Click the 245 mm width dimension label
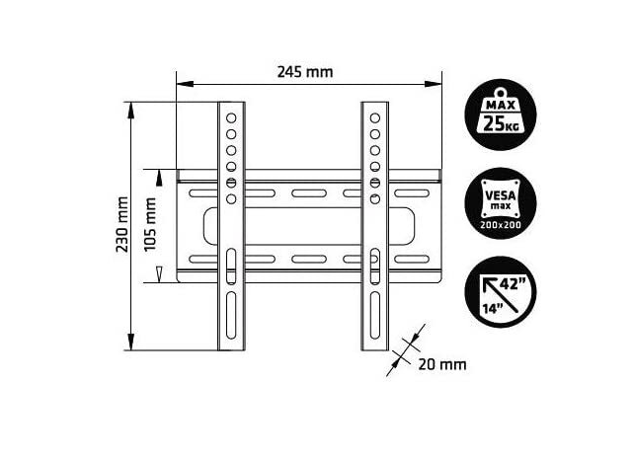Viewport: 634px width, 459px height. [305, 72]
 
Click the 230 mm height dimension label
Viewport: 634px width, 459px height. [122, 228]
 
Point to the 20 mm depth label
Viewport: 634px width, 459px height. [441, 364]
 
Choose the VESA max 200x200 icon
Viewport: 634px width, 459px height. [503, 203]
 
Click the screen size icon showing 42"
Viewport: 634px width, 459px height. [502, 291]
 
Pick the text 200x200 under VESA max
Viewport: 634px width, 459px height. [503, 225]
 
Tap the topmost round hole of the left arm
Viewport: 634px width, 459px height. [230, 117]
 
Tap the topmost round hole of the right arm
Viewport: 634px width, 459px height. [375, 117]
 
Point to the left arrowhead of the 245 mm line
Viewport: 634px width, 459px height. [181, 85]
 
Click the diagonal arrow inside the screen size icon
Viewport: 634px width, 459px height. [494, 289]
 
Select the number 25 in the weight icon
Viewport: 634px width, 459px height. [494, 124]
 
